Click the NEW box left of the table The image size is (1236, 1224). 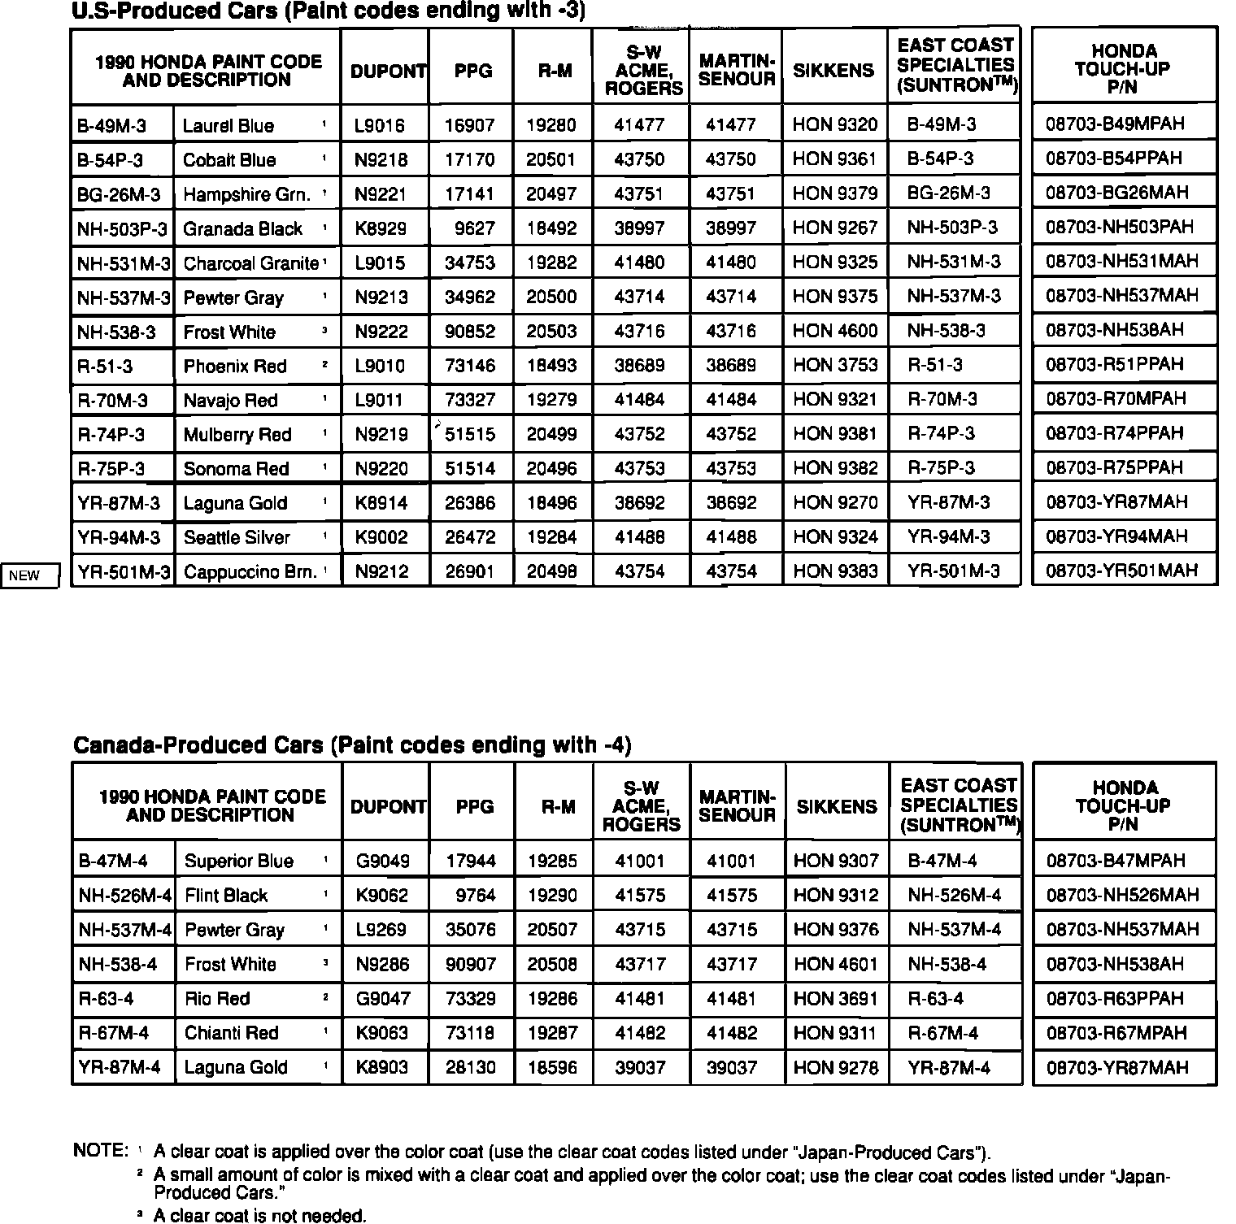[x=30, y=575]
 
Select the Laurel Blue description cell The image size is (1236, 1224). [x=228, y=126]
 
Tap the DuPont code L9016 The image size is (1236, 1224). [x=380, y=126]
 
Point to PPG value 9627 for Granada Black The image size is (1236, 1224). [x=475, y=228]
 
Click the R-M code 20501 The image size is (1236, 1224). [x=551, y=159]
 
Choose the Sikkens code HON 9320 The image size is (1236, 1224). [x=835, y=124]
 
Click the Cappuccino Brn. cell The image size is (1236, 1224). [x=250, y=571]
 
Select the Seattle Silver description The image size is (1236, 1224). [x=237, y=537]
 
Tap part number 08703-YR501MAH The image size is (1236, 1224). [x=1121, y=571]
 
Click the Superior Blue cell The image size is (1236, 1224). [x=239, y=861]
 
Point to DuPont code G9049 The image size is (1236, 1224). [x=382, y=861]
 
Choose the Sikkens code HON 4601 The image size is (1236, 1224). [x=836, y=964]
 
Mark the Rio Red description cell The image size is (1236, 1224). [x=217, y=998]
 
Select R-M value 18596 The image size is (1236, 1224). [x=552, y=1067]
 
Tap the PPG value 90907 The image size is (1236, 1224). [x=471, y=964]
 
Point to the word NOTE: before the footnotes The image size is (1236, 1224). [x=101, y=1151]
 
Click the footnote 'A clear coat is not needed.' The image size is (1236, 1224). [x=260, y=1216]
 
